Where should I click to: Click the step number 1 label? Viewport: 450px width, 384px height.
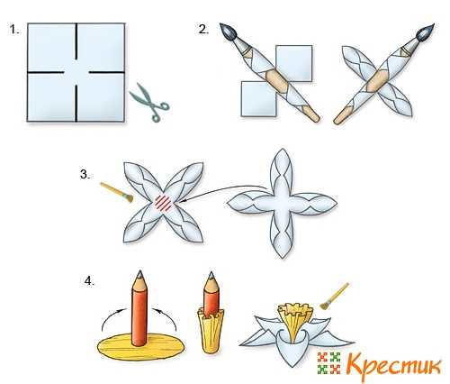point(14,30)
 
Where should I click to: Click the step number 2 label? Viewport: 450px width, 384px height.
point(203,30)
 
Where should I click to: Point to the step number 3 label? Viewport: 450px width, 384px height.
point(85,174)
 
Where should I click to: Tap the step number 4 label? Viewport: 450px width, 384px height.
point(89,281)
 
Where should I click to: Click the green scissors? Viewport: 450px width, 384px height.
point(149,102)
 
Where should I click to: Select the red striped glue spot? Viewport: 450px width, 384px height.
point(164,202)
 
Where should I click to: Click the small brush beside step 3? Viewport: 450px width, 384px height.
point(117,192)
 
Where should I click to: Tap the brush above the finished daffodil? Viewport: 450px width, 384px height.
point(335,296)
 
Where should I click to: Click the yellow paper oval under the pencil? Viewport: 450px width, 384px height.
point(141,346)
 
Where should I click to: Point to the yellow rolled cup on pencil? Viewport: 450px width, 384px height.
point(211,330)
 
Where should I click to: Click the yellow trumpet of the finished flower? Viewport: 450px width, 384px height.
point(294,321)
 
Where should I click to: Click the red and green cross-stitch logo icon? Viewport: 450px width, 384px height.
point(329,363)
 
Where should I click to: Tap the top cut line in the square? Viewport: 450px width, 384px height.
point(76,41)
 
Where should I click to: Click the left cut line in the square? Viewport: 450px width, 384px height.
point(46,72)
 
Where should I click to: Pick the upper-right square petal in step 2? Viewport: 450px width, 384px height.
point(294,63)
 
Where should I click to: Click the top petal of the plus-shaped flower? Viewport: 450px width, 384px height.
point(282,170)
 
